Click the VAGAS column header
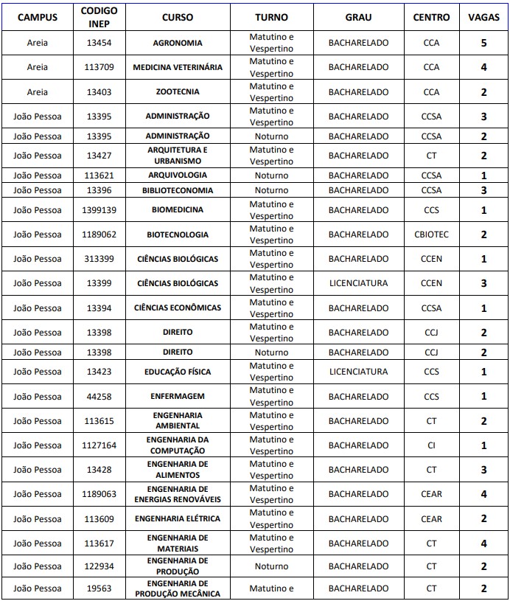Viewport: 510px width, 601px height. (x=483, y=17)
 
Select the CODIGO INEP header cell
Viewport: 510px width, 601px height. (x=99, y=17)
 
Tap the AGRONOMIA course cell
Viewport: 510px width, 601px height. (x=178, y=43)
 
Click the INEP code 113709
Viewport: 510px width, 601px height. (x=99, y=67)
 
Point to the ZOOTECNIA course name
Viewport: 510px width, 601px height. (x=178, y=92)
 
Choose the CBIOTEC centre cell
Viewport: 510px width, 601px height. (x=431, y=235)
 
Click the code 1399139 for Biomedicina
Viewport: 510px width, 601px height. (x=99, y=210)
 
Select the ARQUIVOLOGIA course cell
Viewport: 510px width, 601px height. (x=178, y=176)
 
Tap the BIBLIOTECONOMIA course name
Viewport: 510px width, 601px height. (x=178, y=190)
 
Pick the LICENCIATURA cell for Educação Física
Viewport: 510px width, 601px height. (x=358, y=372)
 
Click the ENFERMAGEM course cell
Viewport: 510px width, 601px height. (x=178, y=397)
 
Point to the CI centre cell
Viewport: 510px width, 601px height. (x=431, y=445)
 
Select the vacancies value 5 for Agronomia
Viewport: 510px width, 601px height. (x=483, y=43)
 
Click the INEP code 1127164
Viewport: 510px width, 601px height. (x=99, y=445)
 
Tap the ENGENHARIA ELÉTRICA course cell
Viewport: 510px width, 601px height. (x=178, y=519)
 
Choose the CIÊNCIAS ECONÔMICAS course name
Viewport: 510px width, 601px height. (x=178, y=308)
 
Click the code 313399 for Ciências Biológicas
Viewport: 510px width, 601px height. (x=99, y=259)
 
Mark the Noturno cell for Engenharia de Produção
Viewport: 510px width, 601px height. (x=271, y=566)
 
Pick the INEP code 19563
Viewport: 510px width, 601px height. (x=99, y=588)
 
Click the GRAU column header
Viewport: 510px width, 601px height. (x=358, y=17)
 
